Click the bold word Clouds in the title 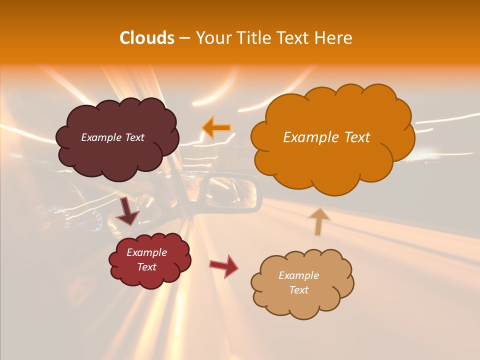pyautogui.click(x=146, y=38)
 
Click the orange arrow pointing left pyautogui.click(x=216, y=127)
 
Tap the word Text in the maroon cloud pyautogui.click(x=133, y=137)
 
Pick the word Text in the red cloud pyautogui.click(x=147, y=267)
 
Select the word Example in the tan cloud pyautogui.click(x=298, y=275)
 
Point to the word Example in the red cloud pyautogui.click(x=147, y=252)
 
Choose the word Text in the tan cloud pyautogui.click(x=298, y=290)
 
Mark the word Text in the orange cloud pyautogui.click(x=357, y=137)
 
